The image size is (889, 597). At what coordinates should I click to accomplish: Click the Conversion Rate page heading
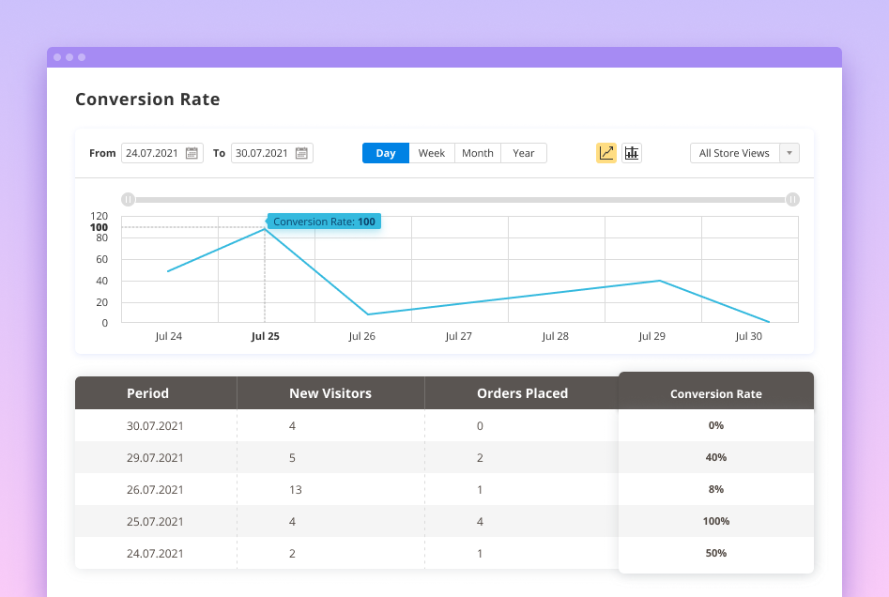click(147, 99)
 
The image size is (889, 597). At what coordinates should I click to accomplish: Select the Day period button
click(386, 153)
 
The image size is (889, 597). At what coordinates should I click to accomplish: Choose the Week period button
click(432, 153)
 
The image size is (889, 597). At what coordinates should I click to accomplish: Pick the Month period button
click(478, 153)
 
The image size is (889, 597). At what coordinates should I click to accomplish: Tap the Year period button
click(524, 153)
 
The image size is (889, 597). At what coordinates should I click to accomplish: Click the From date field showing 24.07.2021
click(152, 153)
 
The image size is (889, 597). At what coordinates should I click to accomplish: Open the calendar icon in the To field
click(301, 153)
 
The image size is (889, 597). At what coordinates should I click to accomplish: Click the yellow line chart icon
click(606, 153)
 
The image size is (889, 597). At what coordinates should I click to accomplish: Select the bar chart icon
click(632, 153)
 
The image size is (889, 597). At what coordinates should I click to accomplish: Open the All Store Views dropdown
click(744, 153)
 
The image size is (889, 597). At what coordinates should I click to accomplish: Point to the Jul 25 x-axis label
click(266, 336)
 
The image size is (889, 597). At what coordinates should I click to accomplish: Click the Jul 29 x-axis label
click(651, 336)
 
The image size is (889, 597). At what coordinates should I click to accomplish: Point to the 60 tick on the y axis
click(101, 259)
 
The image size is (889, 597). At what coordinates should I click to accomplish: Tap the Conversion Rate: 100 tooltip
click(324, 222)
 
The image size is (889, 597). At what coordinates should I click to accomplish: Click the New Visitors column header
click(330, 393)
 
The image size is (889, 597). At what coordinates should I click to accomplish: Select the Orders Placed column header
click(522, 393)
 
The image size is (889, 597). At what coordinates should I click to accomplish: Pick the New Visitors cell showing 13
click(296, 490)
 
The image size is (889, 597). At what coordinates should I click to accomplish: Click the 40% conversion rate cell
click(716, 457)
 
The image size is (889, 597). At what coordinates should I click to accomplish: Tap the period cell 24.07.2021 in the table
click(155, 554)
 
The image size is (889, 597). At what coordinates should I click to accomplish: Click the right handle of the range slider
click(793, 199)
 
